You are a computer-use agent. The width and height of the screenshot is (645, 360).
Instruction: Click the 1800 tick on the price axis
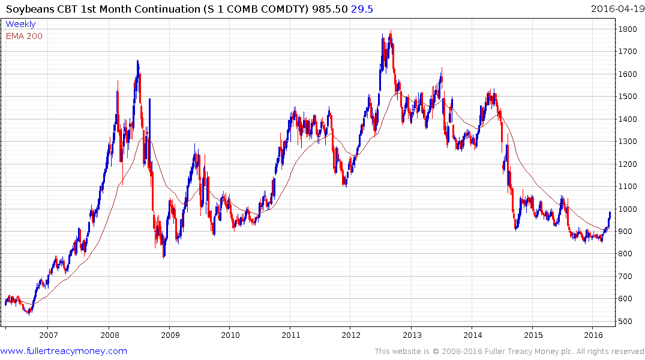628,29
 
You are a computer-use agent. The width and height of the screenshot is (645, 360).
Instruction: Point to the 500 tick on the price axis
626,321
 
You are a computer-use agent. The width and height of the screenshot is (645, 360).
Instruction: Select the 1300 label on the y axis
628,141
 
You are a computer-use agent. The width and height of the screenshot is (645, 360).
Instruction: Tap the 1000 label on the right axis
628,209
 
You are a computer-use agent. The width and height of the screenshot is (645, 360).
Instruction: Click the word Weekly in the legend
20,24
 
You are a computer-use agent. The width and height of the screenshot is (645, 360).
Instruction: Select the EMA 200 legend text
24,36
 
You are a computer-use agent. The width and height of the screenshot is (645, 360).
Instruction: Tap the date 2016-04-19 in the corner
616,8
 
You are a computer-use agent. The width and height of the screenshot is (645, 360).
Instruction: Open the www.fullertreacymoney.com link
64,351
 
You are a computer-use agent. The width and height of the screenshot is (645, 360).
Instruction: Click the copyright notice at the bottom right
509,351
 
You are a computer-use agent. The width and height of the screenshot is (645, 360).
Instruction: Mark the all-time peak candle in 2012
391,34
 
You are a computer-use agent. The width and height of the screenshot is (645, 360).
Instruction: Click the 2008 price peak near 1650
138,62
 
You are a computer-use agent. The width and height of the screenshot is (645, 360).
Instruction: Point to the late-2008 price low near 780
164,257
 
